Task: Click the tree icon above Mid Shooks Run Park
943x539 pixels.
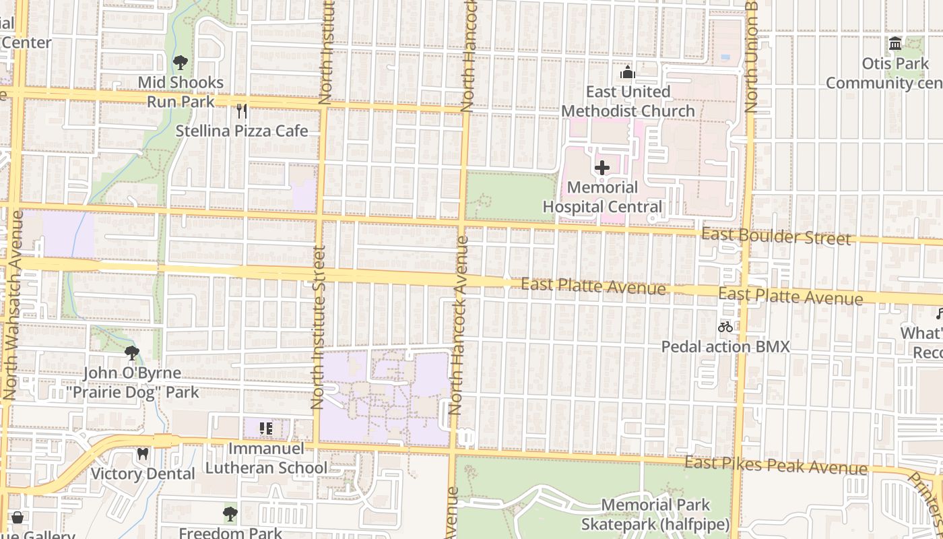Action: point(180,63)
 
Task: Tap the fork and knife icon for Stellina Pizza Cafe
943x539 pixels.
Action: point(242,111)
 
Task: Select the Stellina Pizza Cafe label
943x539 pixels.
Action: point(242,131)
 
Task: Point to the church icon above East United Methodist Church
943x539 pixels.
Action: point(628,72)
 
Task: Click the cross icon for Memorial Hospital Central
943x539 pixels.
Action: point(602,167)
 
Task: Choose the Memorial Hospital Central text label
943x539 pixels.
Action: point(602,197)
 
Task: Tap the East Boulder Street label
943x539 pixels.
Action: point(776,236)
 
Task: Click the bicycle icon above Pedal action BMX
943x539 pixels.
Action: point(725,327)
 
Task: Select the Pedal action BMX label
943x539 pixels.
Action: point(725,346)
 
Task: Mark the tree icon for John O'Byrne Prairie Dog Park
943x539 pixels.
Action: point(132,352)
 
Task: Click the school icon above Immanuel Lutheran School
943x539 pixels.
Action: point(266,428)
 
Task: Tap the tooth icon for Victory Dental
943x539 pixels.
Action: point(142,453)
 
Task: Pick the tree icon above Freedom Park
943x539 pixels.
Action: point(230,513)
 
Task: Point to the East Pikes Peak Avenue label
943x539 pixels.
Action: point(776,466)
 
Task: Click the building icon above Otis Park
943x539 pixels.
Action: point(895,44)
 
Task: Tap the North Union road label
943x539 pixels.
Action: point(752,57)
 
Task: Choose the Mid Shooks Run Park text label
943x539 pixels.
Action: point(181,92)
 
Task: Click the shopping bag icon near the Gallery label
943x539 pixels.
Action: point(18,517)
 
